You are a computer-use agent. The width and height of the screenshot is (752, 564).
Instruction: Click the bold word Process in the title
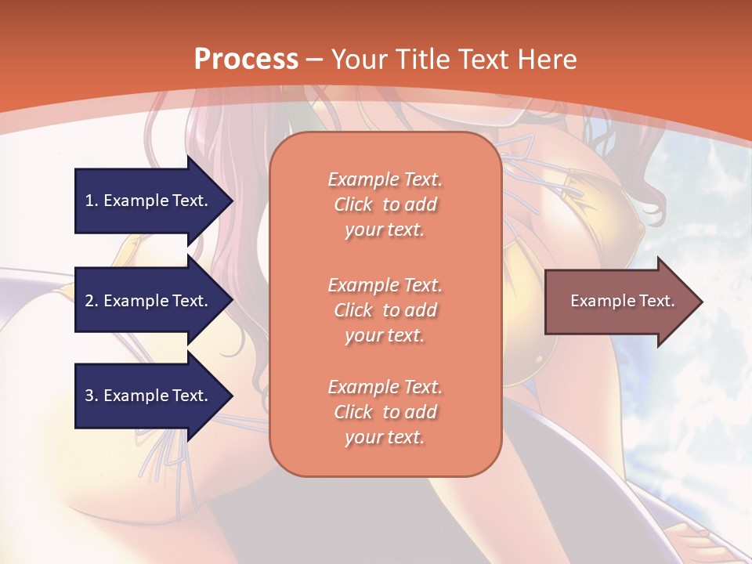[246, 60]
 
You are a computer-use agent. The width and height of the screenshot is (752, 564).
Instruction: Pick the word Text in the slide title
[483, 60]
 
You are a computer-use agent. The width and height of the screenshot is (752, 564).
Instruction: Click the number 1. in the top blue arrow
[92, 201]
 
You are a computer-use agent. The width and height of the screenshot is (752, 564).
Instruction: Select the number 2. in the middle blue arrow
[92, 301]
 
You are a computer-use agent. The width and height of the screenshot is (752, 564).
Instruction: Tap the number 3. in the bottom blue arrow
[92, 396]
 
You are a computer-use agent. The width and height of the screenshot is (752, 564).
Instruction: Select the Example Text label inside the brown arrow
[622, 301]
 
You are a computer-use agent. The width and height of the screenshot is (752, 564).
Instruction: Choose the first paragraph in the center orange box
[385, 204]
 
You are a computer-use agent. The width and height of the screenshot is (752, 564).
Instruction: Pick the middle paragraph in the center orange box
[385, 310]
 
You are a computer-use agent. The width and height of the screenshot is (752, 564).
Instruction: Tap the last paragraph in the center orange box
[385, 412]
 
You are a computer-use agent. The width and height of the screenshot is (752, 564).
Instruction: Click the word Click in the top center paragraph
[352, 205]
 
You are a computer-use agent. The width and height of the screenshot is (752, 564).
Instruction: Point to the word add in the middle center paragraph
[421, 310]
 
